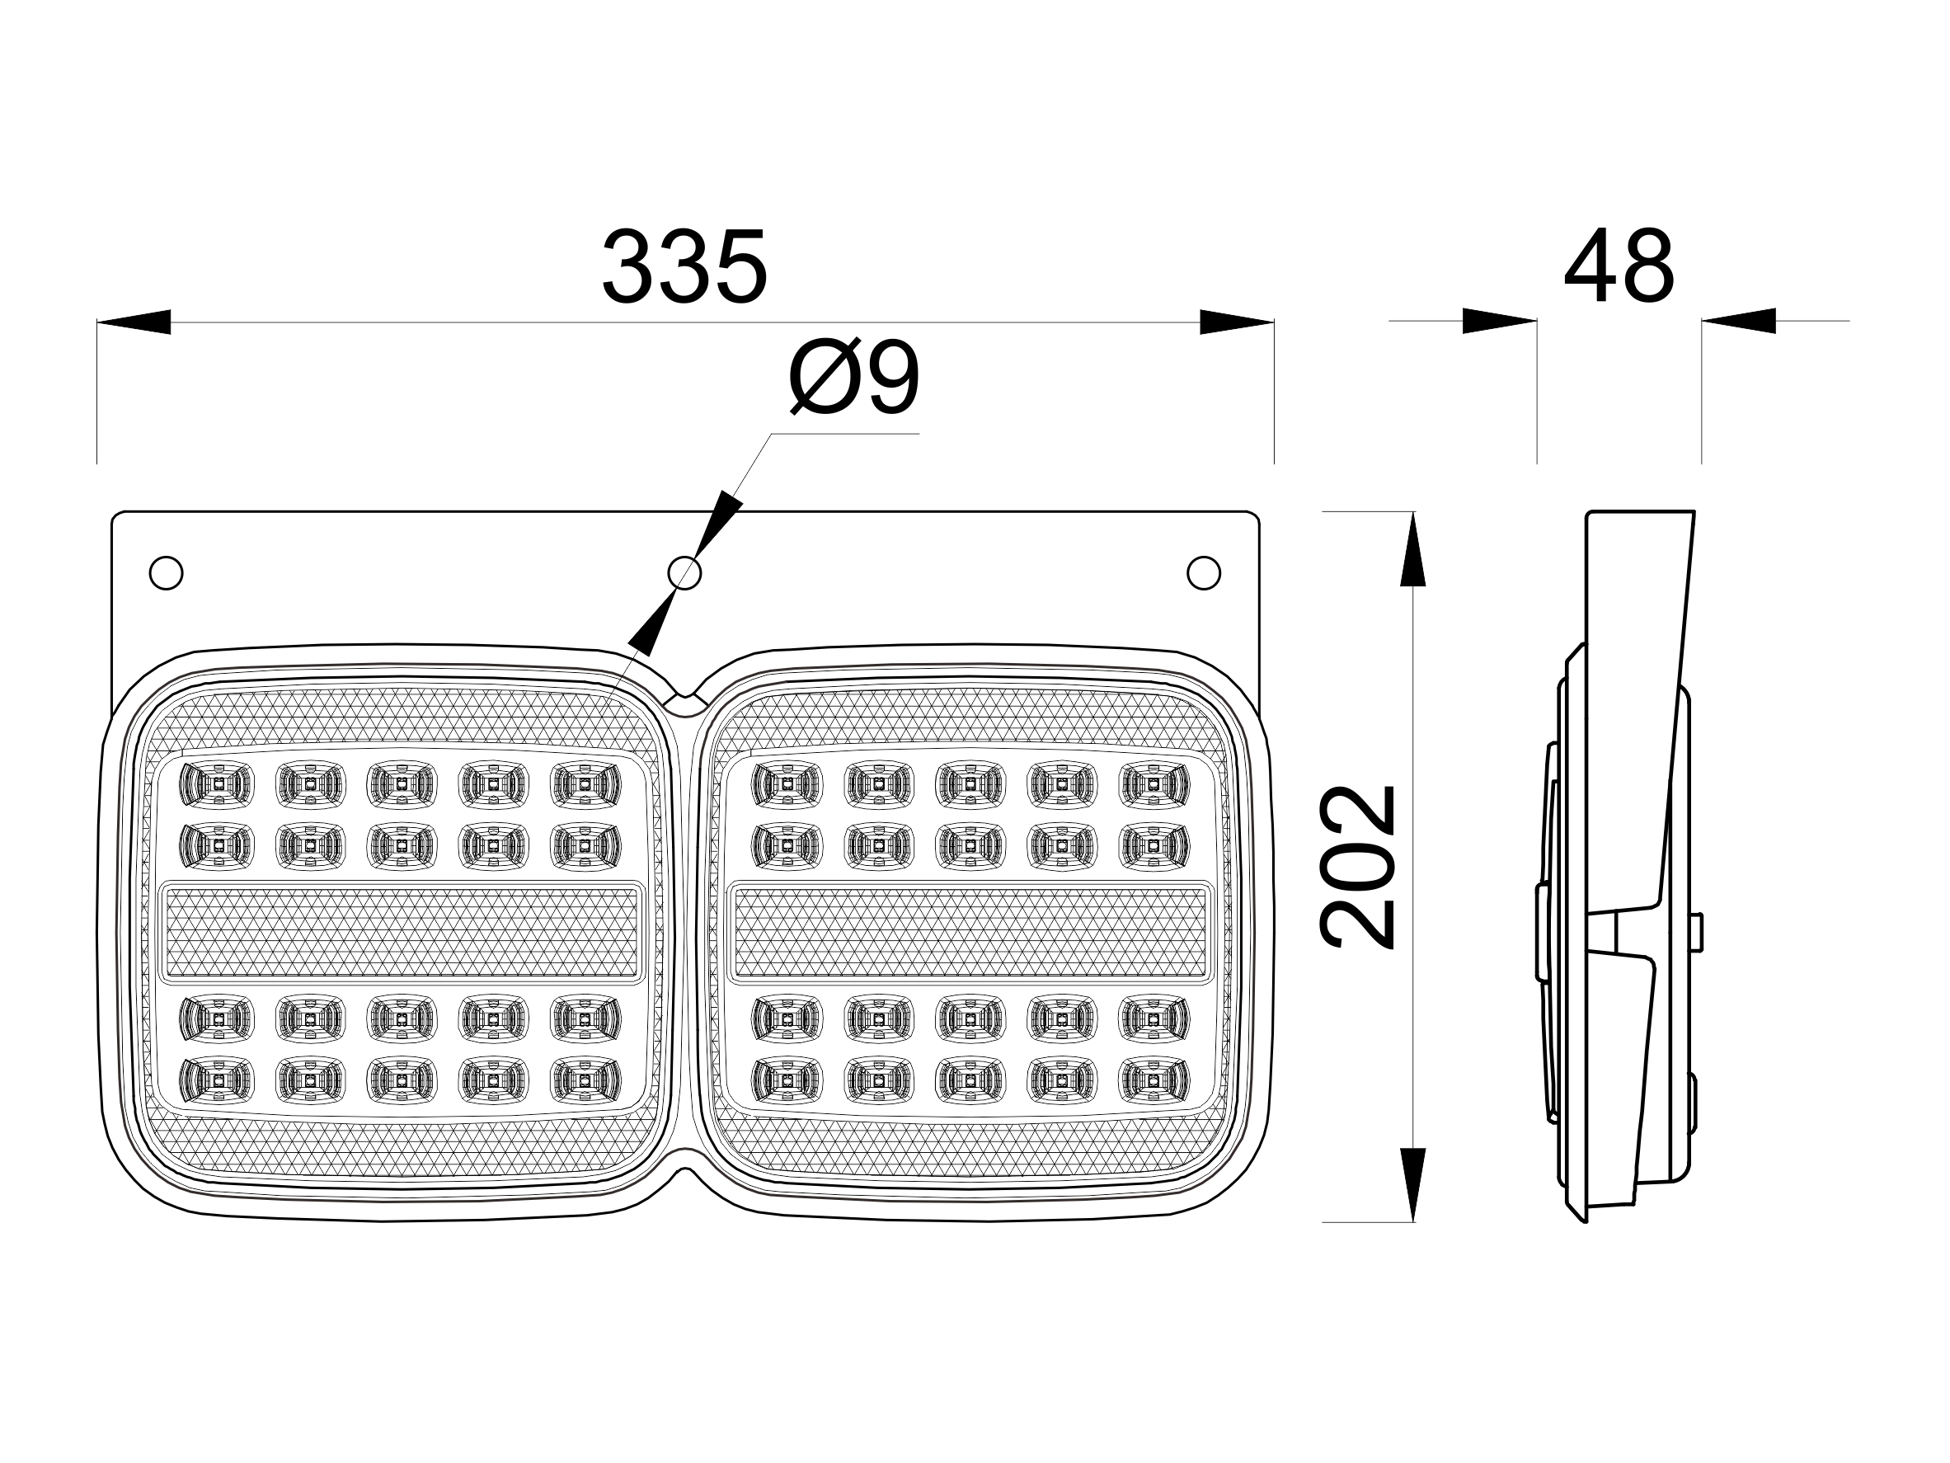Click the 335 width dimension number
point(684,266)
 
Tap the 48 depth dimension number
point(1619,266)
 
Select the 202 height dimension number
point(1359,866)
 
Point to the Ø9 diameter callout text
point(853,378)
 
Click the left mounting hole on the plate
point(166,573)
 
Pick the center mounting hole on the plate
point(684,573)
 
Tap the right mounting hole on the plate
point(1203,573)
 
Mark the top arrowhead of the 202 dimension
point(1412,548)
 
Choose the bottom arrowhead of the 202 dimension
point(1412,1184)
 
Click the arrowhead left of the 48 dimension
point(1499,321)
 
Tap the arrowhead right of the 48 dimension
point(1738,321)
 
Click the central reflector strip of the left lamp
point(401,933)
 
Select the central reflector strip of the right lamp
point(970,933)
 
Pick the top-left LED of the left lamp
point(216,784)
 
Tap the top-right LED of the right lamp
point(1153,784)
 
